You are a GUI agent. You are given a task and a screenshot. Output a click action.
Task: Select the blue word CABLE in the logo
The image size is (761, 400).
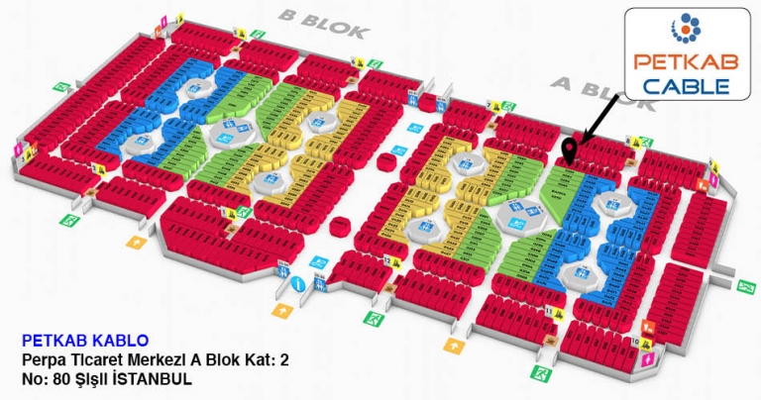tap(686, 86)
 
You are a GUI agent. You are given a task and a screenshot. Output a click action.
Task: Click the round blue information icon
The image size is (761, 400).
tap(299, 283)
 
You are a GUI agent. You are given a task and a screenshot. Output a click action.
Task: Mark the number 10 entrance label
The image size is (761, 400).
tap(634, 342)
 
